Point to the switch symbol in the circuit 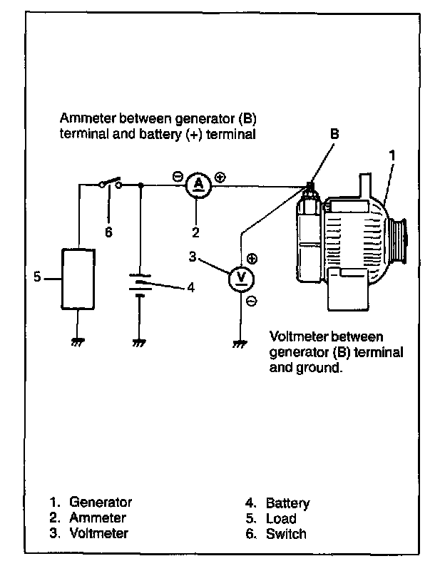point(110,183)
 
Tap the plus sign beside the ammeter point(220,177)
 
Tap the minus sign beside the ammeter point(178,177)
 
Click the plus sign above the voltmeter point(252,259)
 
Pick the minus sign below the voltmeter point(252,301)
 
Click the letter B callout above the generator point(335,134)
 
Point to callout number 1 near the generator point(392,155)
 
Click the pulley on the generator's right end point(399,240)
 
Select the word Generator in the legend point(101,502)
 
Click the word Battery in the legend point(288,503)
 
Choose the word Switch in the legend point(286,534)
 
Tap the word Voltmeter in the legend point(98,533)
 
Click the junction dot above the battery point(141,185)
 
